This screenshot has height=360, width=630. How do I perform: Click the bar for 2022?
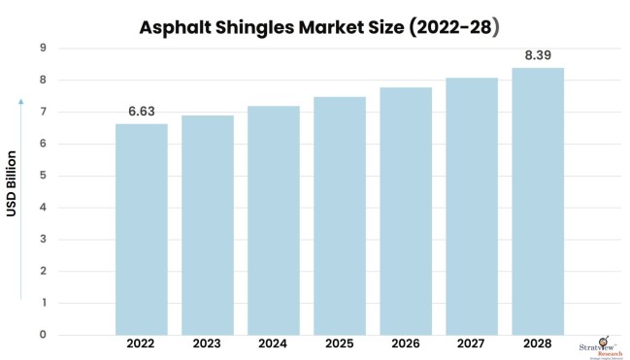click(142, 229)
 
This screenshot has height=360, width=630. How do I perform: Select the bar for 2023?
click(208, 225)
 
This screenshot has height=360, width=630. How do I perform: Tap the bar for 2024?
click(274, 220)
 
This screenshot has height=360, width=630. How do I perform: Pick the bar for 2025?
click(340, 215)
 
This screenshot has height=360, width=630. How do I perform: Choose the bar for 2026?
click(406, 211)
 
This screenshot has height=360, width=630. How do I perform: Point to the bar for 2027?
click(472, 206)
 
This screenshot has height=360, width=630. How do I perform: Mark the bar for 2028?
click(538, 201)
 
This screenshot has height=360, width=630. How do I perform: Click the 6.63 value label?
click(142, 112)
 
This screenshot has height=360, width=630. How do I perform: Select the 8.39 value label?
click(538, 56)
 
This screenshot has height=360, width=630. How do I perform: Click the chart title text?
click(315, 26)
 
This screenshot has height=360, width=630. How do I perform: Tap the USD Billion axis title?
click(14, 183)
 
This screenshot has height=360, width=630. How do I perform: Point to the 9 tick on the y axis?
click(43, 49)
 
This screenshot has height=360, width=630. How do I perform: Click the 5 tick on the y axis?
click(43, 176)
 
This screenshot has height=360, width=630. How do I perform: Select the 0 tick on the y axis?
click(43, 335)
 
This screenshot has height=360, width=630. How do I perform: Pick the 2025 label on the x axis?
click(340, 344)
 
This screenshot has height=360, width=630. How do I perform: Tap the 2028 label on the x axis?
click(538, 344)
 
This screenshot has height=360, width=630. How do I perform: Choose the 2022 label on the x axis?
click(142, 344)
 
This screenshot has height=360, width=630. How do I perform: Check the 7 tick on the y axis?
click(43, 113)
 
